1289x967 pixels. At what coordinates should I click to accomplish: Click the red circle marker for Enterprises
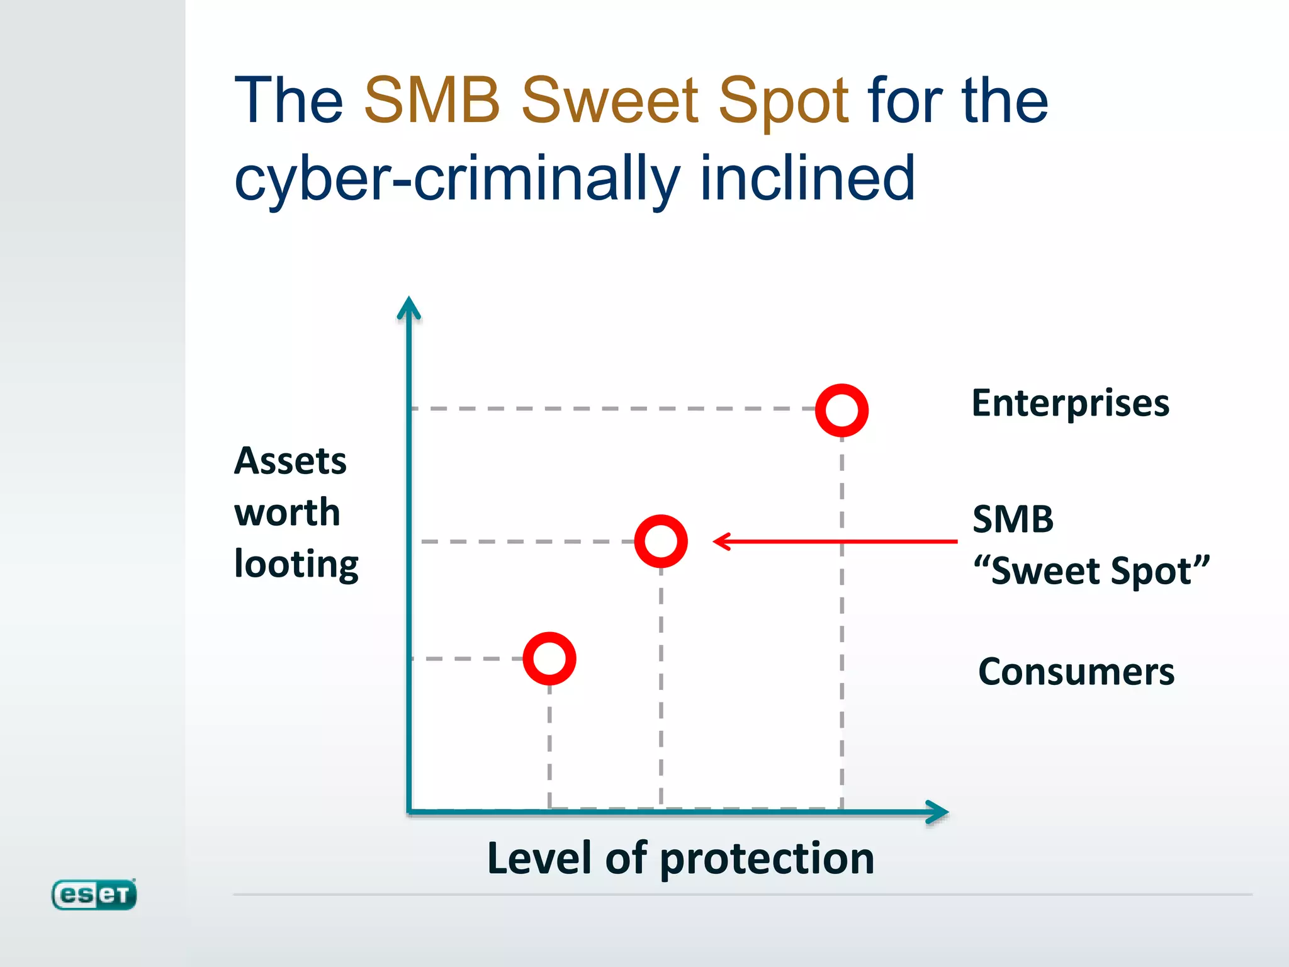tap(842, 410)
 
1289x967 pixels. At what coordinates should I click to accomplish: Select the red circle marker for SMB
tap(661, 541)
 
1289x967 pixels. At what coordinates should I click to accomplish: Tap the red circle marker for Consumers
tap(549, 659)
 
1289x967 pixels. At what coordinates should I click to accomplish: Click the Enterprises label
tap(1070, 404)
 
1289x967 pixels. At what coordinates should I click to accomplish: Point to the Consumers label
tap(1076, 672)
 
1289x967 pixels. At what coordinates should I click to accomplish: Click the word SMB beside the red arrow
tap(1013, 520)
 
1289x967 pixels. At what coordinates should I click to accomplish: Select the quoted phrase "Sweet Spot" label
tap(1091, 571)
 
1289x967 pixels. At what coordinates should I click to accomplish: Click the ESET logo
tap(94, 895)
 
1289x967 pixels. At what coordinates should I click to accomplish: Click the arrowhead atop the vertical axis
tap(409, 308)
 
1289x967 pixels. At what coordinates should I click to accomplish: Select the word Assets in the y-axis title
tap(290, 461)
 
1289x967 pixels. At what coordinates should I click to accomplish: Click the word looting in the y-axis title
tap(296, 565)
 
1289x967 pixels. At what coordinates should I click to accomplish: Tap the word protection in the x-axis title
tap(767, 860)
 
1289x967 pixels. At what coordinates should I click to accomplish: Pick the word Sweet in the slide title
tap(609, 101)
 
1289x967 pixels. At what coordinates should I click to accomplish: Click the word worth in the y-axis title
tap(287, 512)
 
